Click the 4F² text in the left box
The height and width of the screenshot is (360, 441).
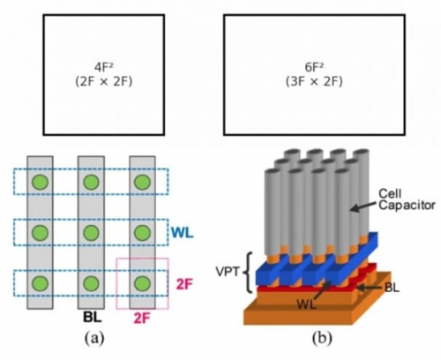[x=104, y=67]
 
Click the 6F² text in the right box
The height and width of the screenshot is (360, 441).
[x=314, y=67]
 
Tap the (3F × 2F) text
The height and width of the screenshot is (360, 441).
[x=314, y=81]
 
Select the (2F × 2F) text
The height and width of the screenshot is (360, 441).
[x=104, y=81]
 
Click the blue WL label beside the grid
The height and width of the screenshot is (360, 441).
[x=183, y=233]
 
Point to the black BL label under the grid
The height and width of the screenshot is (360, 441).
[x=92, y=317]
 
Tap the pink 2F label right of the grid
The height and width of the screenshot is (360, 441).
[x=184, y=284]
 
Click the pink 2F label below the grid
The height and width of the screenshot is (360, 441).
[x=142, y=318]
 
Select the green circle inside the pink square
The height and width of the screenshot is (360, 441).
[x=143, y=283]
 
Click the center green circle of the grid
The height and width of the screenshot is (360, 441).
[x=91, y=233]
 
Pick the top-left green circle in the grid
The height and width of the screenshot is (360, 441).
[x=41, y=183]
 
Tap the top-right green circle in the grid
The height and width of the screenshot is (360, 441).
[x=143, y=183]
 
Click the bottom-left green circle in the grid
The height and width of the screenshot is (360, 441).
[x=41, y=283]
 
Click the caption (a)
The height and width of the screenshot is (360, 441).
[x=94, y=338]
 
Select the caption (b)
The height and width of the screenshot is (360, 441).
[x=322, y=338]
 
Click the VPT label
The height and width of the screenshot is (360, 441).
[x=228, y=272]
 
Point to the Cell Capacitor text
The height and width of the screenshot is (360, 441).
[x=407, y=199]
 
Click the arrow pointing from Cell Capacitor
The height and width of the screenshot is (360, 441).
[x=364, y=205]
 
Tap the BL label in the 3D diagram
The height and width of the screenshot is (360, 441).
[x=392, y=288]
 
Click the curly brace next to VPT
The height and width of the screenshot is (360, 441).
[x=249, y=272]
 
